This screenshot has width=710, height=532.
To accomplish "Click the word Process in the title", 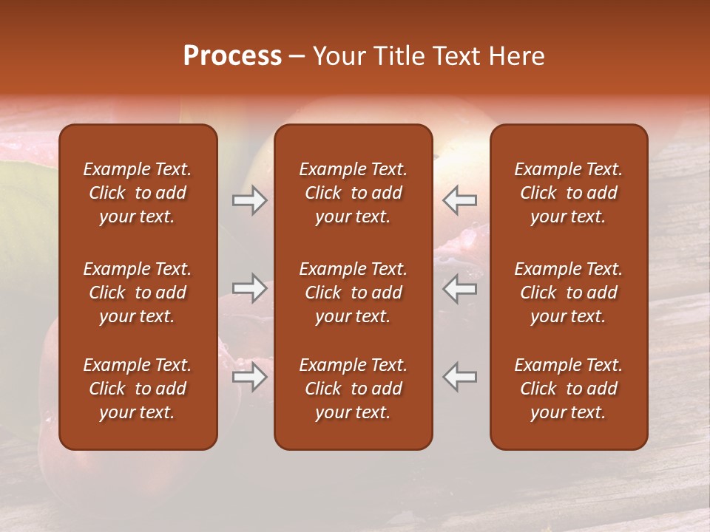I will pyautogui.click(x=232, y=56).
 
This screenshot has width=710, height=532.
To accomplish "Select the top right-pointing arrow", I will pyautogui.click(x=249, y=200).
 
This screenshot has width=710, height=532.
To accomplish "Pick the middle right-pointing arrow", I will pyautogui.click(x=249, y=288).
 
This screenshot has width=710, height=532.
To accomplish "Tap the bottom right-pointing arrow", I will pyautogui.click(x=249, y=377).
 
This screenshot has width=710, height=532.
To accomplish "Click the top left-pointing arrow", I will pyautogui.click(x=459, y=200).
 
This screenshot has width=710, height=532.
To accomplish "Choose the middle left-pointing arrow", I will pyautogui.click(x=459, y=288).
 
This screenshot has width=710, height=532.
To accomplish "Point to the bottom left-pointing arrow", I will pyautogui.click(x=459, y=377).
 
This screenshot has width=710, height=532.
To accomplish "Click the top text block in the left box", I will pyautogui.click(x=138, y=193).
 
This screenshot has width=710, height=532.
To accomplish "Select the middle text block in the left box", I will pyautogui.click(x=138, y=293).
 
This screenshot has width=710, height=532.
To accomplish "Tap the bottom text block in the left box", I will pyautogui.click(x=138, y=389).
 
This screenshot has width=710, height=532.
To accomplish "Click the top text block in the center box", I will pyautogui.click(x=353, y=193).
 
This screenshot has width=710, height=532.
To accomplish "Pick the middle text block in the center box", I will pyautogui.click(x=353, y=293).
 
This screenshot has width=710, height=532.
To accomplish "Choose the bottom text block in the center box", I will pyautogui.click(x=353, y=389).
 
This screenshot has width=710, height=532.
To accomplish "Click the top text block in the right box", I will pyautogui.click(x=568, y=193).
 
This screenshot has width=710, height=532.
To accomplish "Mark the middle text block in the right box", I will pyautogui.click(x=568, y=293).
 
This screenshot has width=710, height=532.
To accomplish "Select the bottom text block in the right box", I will pyautogui.click(x=568, y=389).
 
